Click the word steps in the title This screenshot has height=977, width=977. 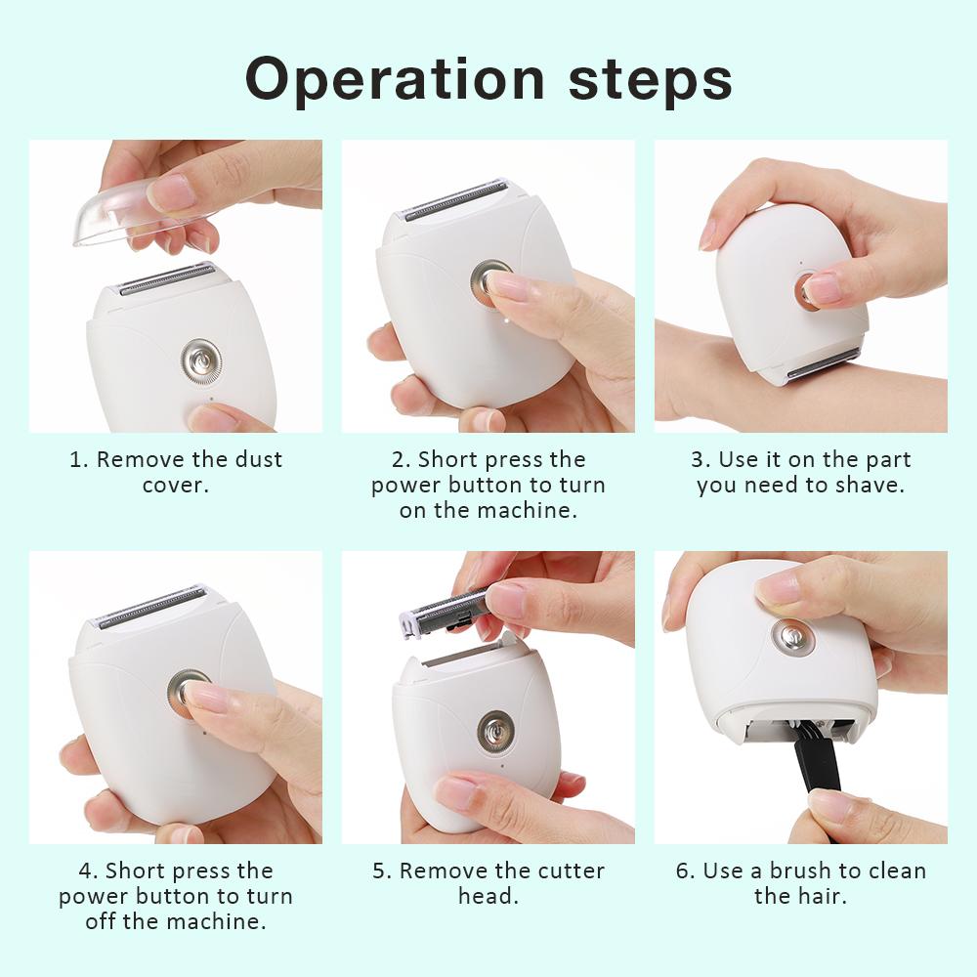[x=651, y=79]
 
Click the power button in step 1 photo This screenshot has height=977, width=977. [x=200, y=361]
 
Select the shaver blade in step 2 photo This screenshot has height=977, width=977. [x=455, y=198]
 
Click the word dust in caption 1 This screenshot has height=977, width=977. [x=259, y=459]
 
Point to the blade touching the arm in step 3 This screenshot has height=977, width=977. [x=824, y=362]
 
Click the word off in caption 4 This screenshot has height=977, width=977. [x=101, y=921]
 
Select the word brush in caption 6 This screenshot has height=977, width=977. [x=803, y=871]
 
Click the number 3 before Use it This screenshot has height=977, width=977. [x=698, y=460]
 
